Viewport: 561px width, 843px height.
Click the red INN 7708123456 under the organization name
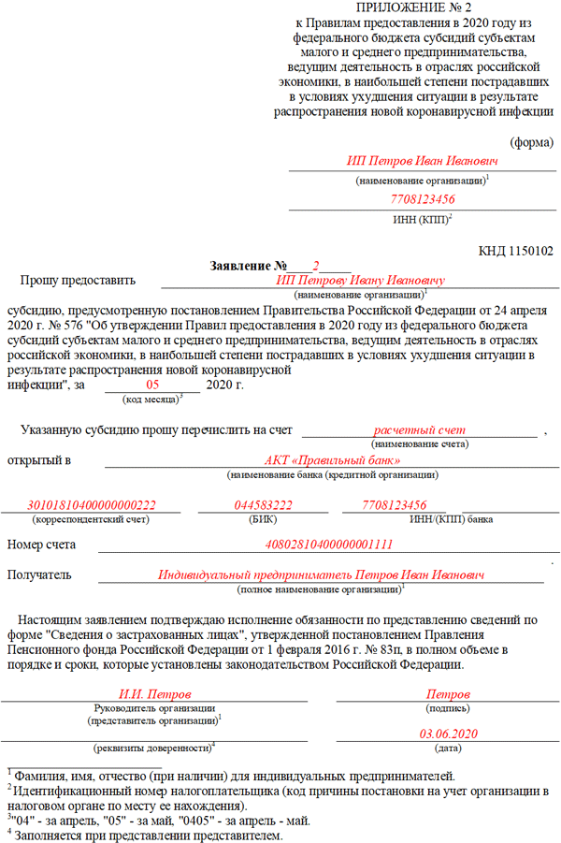(x=423, y=199)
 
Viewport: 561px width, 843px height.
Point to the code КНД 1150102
(x=515, y=251)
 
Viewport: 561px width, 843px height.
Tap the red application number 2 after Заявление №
(x=316, y=266)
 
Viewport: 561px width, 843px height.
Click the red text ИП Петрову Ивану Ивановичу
(x=360, y=280)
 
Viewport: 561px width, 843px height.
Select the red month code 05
(x=153, y=385)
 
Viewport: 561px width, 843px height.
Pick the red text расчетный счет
(x=419, y=429)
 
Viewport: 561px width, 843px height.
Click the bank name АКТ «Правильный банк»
(x=332, y=460)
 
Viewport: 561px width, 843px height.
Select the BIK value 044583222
(x=263, y=505)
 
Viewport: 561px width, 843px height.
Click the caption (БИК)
(x=263, y=518)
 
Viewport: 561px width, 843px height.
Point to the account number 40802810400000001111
(x=330, y=544)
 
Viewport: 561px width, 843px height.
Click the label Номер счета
(x=41, y=545)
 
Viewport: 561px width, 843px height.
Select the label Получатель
(x=39, y=574)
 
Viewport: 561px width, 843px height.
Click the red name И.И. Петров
(x=154, y=695)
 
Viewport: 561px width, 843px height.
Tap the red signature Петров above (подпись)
(x=448, y=695)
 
